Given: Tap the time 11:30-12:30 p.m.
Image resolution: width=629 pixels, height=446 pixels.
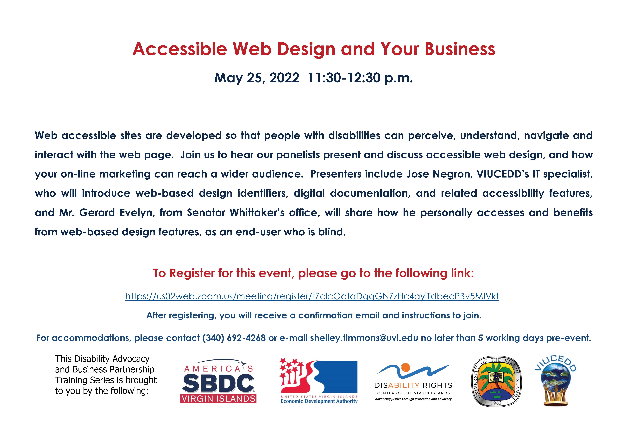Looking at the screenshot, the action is [360, 78].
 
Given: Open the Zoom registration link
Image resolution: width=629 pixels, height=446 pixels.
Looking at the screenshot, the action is [312, 296].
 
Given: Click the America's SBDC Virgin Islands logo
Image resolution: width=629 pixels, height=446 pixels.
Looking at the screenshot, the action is [218, 381].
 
